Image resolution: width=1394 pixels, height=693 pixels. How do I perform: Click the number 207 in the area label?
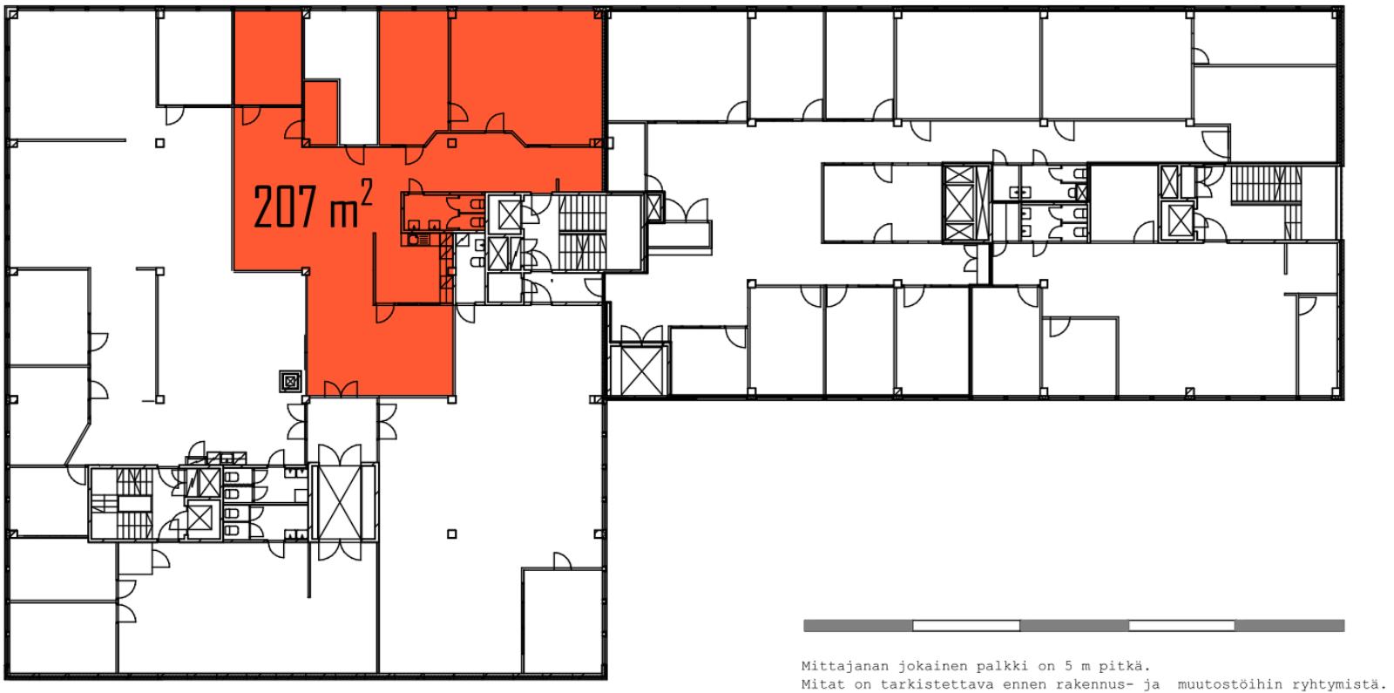pos(286,207)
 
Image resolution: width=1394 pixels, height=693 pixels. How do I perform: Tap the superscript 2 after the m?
pos(366,193)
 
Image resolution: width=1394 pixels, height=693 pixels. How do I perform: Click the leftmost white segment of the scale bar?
pos(966,626)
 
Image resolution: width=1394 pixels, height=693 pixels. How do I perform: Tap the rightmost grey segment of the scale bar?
pos(1289,626)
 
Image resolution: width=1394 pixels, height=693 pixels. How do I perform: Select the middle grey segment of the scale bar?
pos(1074,626)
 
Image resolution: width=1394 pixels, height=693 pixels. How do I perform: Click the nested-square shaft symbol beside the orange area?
pos(290,381)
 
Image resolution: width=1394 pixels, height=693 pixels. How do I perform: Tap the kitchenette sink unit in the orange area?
pos(418,239)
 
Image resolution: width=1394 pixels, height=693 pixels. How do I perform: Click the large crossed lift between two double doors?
pos(344,502)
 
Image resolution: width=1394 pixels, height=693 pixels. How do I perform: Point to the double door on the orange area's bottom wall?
pos(341,389)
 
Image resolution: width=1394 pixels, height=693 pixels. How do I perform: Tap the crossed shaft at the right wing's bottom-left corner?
pos(639,370)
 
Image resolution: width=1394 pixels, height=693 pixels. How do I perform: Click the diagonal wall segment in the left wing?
pos(78,445)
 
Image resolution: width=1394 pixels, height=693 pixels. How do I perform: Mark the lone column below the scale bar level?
pos(452,533)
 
